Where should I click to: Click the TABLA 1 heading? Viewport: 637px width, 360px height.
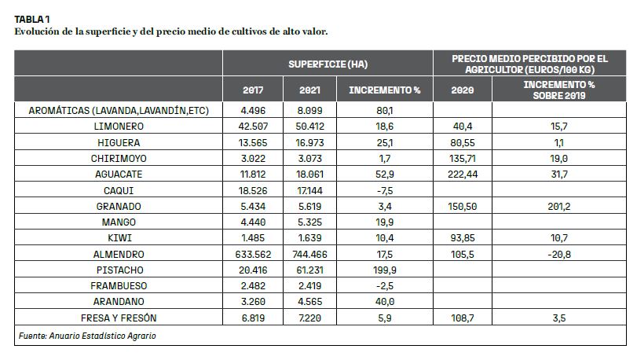coord(32,19)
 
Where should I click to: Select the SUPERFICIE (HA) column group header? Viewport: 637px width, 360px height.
coord(328,64)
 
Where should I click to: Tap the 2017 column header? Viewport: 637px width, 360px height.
coord(253,90)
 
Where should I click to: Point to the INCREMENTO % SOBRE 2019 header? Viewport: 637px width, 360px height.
coord(559,90)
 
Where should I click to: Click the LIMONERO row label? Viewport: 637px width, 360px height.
coord(119,127)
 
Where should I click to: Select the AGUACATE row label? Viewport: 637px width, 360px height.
coord(119,174)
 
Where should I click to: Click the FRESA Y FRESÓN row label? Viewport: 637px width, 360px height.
coord(119,318)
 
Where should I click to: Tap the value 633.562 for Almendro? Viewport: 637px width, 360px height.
coord(253,255)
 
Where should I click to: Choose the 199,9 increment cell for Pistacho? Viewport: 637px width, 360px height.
coord(385,270)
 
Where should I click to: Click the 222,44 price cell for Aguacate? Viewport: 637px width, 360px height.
coord(463,174)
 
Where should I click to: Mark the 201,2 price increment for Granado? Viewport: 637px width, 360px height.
coord(559,207)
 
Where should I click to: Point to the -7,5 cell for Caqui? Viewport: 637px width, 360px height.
coord(385,190)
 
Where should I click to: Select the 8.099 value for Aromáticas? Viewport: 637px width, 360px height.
coord(309,111)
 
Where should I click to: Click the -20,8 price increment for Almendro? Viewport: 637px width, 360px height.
coord(559,255)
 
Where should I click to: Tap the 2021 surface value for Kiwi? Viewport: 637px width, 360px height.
coord(309,238)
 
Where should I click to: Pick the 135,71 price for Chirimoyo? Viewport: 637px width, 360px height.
coord(463,159)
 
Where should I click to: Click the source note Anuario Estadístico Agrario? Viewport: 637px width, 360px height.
coord(102,336)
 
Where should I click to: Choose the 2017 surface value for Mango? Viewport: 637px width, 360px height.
coord(253,222)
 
